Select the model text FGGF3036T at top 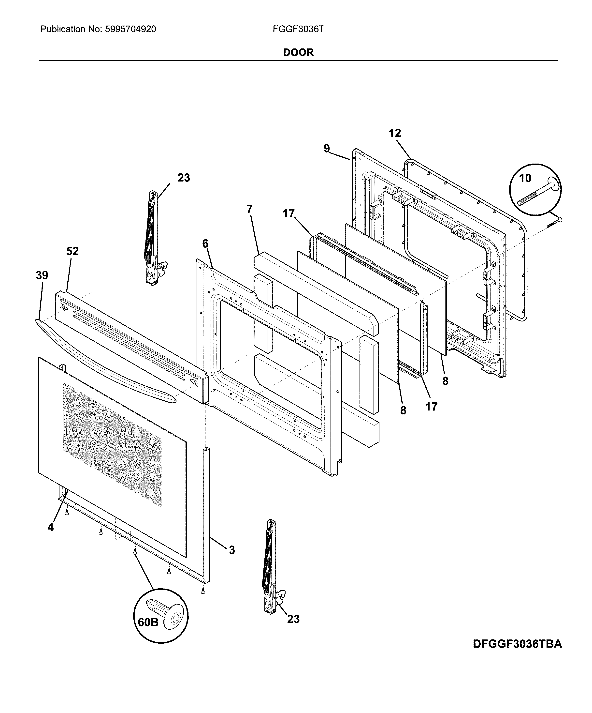click(298, 29)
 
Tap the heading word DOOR click(298, 52)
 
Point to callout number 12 click(395, 133)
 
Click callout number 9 click(326, 148)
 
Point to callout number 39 click(42, 275)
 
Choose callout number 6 click(205, 243)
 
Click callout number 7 click(249, 209)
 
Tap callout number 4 click(50, 527)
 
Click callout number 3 click(231, 550)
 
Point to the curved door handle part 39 click(102, 357)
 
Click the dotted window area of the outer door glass click(112, 441)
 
